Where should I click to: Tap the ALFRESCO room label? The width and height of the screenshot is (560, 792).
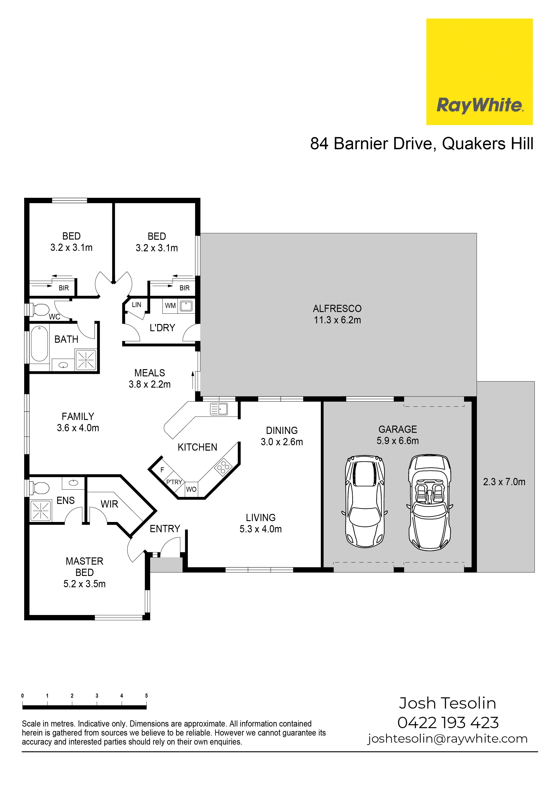(337, 308)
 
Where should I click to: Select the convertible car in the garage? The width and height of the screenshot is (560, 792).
(429, 503)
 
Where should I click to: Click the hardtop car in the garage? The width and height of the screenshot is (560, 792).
(365, 502)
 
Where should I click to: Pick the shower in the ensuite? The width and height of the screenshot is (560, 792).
(41, 510)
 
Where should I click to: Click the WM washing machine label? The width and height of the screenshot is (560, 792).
(170, 306)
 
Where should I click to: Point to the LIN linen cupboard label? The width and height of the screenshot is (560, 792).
(137, 305)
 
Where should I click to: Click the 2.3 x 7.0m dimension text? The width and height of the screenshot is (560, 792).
(504, 482)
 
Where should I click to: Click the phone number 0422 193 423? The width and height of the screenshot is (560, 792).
(448, 723)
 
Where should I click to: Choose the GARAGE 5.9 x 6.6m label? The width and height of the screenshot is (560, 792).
(398, 435)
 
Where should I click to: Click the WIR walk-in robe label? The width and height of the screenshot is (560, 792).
(109, 504)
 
